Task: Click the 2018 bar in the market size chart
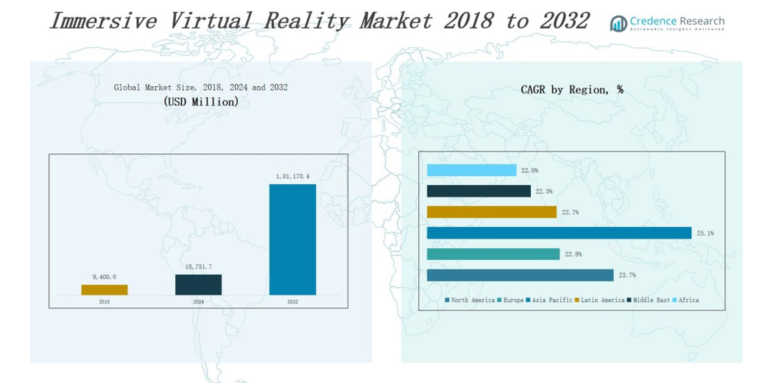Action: point(105,289)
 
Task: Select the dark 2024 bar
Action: point(198,284)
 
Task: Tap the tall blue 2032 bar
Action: point(292,239)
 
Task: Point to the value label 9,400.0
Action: point(105,277)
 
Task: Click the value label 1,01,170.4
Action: point(293,176)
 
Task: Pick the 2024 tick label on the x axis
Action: point(198,302)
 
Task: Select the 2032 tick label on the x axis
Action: point(292,302)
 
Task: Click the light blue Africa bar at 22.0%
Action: point(471,170)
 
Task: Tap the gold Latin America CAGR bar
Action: point(491,212)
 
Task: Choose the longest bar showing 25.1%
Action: point(559,233)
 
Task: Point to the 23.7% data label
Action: point(627,275)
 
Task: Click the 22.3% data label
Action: point(544,191)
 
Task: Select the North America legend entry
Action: point(472,301)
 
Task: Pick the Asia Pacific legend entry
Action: point(551,301)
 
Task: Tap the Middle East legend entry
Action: point(652,301)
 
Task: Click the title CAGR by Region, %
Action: point(571,90)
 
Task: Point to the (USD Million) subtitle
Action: point(201,102)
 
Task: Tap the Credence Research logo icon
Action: point(618,24)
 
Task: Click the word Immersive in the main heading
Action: point(103,21)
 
